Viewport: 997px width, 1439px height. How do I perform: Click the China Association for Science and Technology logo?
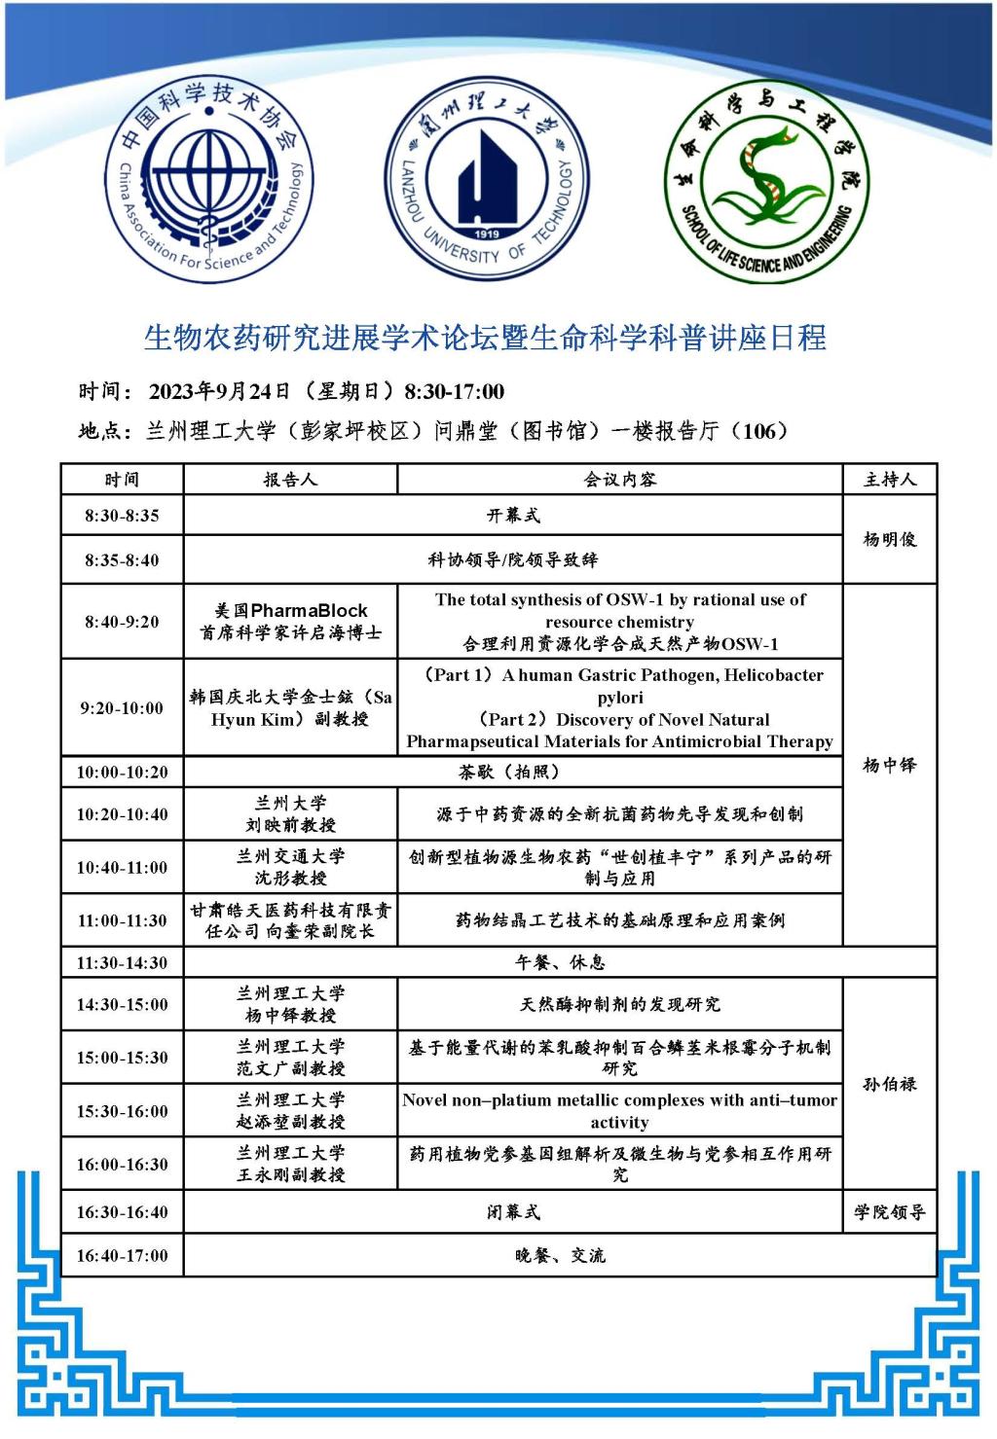pyautogui.click(x=206, y=182)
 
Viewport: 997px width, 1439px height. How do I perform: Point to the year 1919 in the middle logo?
pyautogui.click(x=487, y=234)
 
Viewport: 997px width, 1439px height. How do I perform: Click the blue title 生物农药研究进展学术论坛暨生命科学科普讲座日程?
pyautogui.click(x=485, y=338)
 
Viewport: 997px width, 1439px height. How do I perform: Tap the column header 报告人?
pyautogui.click(x=290, y=479)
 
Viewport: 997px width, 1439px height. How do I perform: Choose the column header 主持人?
pyautogui.click(x=890, y=479)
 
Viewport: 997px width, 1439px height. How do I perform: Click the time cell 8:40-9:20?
pyautogui.click(x=122, y=622)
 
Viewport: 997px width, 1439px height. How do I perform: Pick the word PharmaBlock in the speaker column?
pyautogui.click(x=309, y=610)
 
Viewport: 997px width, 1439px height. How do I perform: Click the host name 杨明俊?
pyautogui.click(x=890, y=539)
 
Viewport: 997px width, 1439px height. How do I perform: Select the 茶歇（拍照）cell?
pyautogui.click(x=513, y=772)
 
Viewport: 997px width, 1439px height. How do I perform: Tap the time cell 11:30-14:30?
pyautogui.click(x=122, y=962)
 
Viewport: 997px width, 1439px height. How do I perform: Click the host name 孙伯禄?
pyautogui.click(x=890, y=1084)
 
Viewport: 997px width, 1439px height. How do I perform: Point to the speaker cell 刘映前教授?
pyautogui.click(x=290, y=825)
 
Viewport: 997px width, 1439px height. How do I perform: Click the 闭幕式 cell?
pyautogui.click(x=513, y=1212)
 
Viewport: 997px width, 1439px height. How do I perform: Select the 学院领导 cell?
pyautogui.click(x=890, y=1212)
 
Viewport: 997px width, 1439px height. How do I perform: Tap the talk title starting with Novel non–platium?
pyautogui.click(x=619, y=1110)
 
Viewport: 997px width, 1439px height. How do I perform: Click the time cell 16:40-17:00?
pyautogui.click(x=122, y=1255)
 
